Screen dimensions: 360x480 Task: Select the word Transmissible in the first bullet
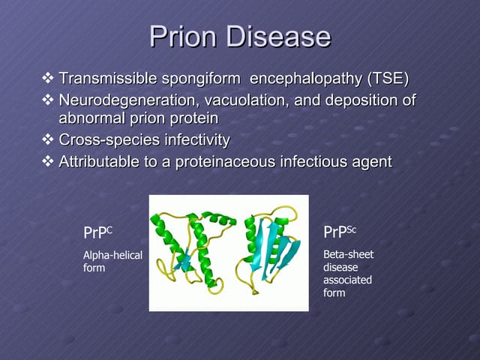[x=109, y=79]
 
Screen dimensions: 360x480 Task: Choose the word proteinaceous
[x=225, y=161]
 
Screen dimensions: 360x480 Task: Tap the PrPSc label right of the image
[x=339, y=232]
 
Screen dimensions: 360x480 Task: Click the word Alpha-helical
[x=112, y=255]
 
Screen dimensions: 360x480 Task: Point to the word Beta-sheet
[x=348, y=254]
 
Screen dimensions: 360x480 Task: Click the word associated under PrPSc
[x=347, y=280]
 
